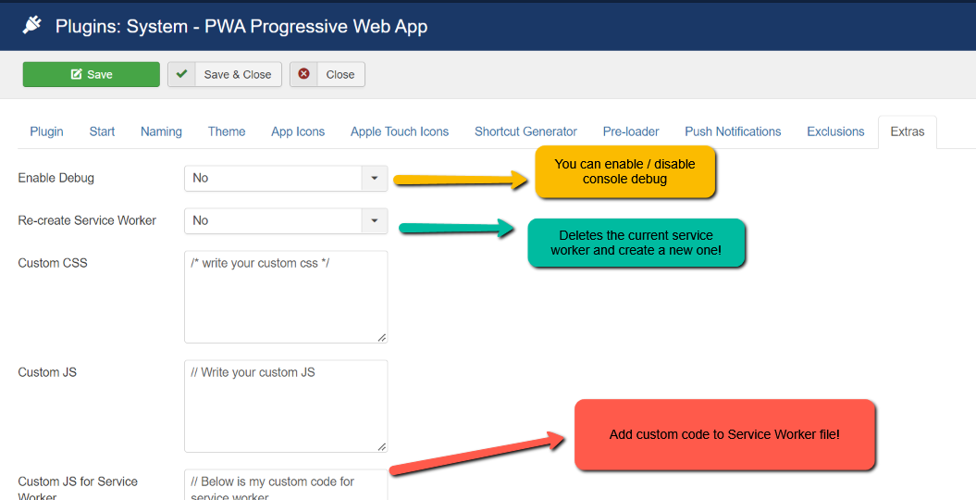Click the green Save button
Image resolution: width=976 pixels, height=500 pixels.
click(x=92, y=74)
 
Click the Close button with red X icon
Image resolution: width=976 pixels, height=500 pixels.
click(x=327, y=74)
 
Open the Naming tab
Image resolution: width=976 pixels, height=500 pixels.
click(x=161, y=131)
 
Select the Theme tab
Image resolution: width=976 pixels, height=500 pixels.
click(x=227, y=131)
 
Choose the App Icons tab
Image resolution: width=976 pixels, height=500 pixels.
click(x=298, y=131)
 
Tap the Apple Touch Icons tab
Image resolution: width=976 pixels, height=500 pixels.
click(x=400, y=131)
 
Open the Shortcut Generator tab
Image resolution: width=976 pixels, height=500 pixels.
click(x=526, y=131)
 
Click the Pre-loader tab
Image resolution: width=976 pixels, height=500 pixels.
click(x=631, y=131)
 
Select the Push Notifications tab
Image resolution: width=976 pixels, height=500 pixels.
click(x=733, y=131)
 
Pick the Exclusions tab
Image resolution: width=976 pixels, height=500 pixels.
click(x=835, y=131)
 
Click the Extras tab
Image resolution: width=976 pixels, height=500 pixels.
click(x=908, y=131)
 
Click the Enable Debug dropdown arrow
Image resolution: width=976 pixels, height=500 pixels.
click(x=374, y=178)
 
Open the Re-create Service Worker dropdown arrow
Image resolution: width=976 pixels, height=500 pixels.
click(x=374, y=220)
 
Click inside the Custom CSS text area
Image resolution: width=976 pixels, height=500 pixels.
click(x=286, y=297)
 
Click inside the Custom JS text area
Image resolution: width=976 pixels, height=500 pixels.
click(x=286, y=406)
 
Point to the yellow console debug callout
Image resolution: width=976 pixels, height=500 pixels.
click(x=625, y=172)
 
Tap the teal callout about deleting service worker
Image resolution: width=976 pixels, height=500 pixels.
click(x=636, y=243)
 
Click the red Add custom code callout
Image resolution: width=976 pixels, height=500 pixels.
click(x=724, y=434)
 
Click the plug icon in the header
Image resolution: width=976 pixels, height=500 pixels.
click(x=31, y=26)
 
